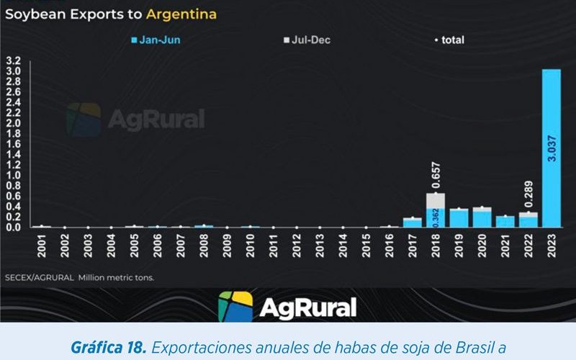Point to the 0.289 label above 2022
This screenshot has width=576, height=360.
click(528, 194)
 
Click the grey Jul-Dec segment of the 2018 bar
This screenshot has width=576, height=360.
click(436, 200)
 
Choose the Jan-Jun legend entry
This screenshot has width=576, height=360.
click(156, 40)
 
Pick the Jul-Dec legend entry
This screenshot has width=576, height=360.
click(307, 40)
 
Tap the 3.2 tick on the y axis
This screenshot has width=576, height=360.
click(14, 60)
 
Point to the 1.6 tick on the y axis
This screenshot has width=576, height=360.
click(14, 144)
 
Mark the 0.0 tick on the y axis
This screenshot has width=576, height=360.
click(14, 228)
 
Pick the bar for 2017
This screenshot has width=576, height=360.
click(413, 222)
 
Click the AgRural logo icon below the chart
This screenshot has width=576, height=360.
click(235, 307)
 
